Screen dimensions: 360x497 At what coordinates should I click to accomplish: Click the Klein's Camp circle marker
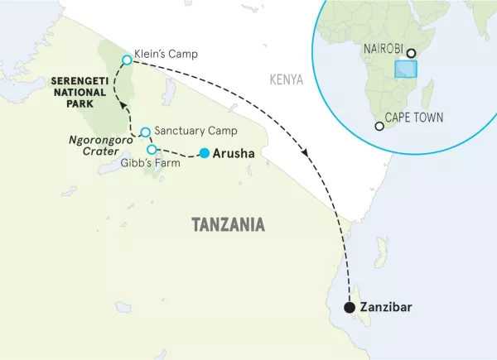point(127,60)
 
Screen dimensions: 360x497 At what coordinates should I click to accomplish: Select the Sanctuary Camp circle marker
point(145,132)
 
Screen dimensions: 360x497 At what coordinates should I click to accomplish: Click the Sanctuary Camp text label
point(195,132)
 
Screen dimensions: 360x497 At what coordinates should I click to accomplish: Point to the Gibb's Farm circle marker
point(152,149)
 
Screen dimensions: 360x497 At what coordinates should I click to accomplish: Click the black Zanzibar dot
point(350,308)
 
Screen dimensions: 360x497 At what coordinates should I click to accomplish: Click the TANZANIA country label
point(228,224)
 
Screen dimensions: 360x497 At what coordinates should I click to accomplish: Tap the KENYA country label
point(286,80)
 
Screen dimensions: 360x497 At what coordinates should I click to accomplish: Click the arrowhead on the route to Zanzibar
point(307,153)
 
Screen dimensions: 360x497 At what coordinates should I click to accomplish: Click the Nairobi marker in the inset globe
point(411,53)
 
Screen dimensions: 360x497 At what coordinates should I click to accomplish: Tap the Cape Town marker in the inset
point(379,127)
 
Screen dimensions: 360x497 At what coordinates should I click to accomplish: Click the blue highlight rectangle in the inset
point(406,69)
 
